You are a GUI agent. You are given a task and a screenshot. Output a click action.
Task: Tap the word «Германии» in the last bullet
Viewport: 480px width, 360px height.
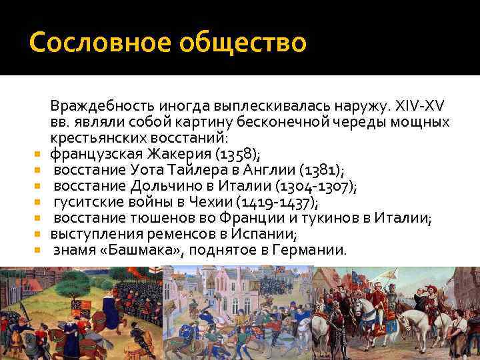[313, 250]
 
